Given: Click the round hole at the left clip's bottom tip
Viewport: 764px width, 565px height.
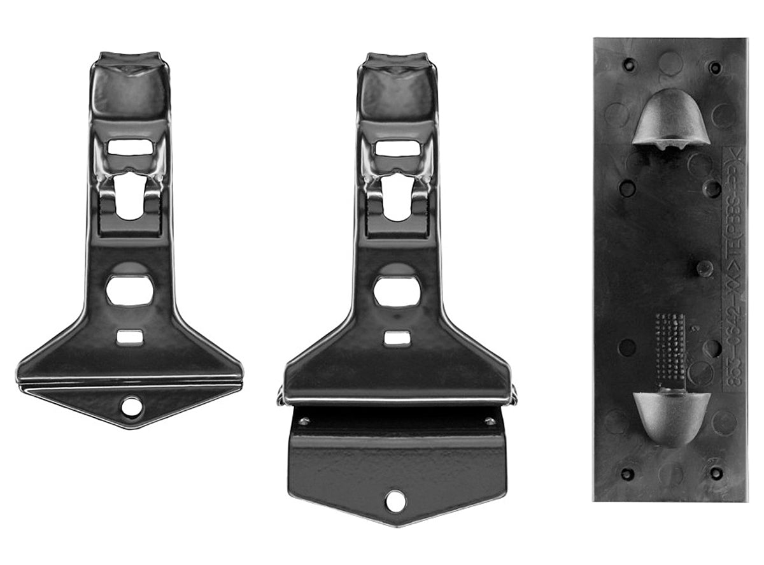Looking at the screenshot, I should click(x=132, y=406).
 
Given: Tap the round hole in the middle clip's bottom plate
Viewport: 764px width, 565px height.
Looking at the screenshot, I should click(x=395, y=500).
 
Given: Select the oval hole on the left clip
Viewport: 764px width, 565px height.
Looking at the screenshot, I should click(x=129, y=290).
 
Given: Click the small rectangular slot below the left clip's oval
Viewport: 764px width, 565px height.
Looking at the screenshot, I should click(x=129, y=336).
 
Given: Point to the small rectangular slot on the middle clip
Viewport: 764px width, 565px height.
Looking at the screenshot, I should click(x=397, y=338).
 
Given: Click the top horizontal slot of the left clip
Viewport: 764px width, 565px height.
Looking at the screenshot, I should click(x=130, y=147).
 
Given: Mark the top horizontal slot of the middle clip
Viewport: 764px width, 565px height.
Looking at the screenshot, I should click(x=397, y=148).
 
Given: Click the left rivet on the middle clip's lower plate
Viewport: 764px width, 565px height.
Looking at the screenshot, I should click(x=304, y=421).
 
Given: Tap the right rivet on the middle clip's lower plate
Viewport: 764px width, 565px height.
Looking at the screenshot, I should click(x=490, y=421).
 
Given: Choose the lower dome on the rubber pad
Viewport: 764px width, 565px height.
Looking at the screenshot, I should click(x=671, y=414).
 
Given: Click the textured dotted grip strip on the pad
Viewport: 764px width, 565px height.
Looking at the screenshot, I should click(x=670, y=347).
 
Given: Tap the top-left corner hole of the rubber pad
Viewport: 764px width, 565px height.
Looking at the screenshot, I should click(x=629, y=64).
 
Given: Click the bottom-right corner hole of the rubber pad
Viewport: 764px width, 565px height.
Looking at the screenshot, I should click(x=716, y=473).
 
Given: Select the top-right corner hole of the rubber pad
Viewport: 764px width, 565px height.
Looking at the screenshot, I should click(x=716, y=66).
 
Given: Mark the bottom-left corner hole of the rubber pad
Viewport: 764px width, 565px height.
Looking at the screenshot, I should click(x=628, y=474).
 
